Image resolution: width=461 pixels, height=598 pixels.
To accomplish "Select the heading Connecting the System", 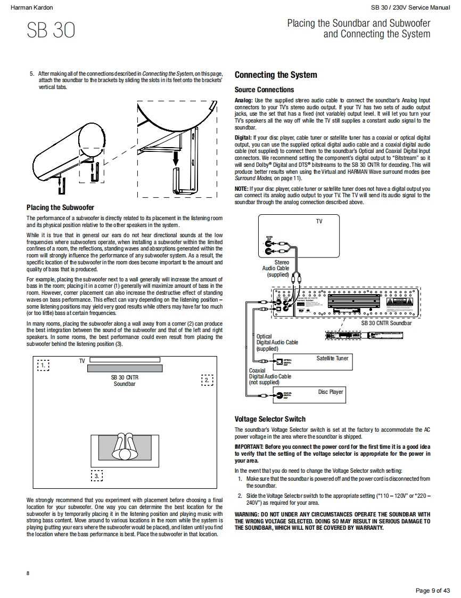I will [x=276, y=75].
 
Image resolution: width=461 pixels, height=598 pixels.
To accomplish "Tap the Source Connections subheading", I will [x=264, y=90].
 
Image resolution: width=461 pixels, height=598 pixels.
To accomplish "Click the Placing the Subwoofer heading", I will [x=60, y=207].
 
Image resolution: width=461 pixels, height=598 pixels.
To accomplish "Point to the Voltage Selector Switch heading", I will [x=270, y=419].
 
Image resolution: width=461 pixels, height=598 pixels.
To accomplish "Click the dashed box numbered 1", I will [x=43, y=366].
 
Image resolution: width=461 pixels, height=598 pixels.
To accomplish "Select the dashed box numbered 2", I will [x=207, y=380].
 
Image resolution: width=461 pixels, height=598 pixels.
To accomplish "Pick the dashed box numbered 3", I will [x=97, y=475].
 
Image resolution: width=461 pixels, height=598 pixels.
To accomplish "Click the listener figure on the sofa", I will [x=125, y=446].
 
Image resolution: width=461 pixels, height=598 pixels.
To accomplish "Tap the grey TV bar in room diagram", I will [x=125, y=368].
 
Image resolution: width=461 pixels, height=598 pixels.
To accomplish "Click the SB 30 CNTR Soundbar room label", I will [x=125, y=381].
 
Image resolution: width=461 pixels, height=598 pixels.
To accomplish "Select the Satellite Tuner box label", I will [x=332, y=358].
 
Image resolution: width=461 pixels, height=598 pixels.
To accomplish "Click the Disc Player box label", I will [x=331, y=392].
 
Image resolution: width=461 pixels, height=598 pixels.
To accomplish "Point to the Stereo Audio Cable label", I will [x=276, y=269].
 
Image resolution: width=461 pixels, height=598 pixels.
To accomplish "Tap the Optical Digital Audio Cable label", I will [x=277, y=342].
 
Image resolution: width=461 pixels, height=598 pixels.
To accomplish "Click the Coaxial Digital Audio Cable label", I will [x=270, y=376].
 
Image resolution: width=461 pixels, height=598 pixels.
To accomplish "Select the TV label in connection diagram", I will [x=319, y=221].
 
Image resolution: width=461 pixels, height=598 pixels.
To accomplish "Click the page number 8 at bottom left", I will [x=28, y=573].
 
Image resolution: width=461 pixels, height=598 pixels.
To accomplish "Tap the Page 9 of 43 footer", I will [x=432, y=590].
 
